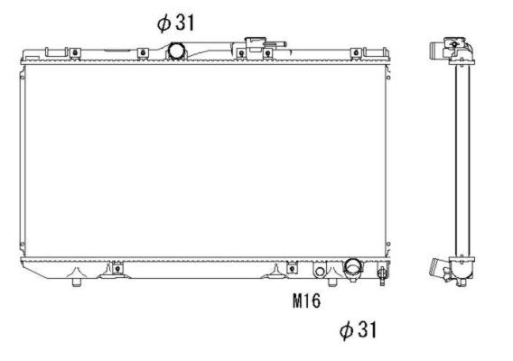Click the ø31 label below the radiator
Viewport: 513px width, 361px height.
tap(357, 331)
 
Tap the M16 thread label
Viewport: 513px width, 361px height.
tap(306, 301)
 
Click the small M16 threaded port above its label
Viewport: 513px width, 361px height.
tap(320, 271)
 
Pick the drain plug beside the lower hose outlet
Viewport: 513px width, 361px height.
tap(382, 271)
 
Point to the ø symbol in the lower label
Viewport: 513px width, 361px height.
tap(345, 331)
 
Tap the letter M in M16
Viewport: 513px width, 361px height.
tap(297, 301)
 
